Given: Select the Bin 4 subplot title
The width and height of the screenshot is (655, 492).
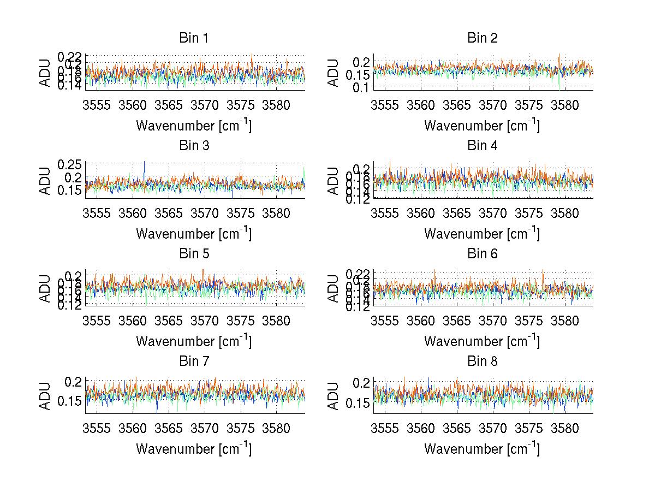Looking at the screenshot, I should [x=482, y=146].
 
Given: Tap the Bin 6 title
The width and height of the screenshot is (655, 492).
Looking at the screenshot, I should [x=482, y=253].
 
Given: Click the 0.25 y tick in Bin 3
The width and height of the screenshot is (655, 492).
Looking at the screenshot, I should [x=70, y=164].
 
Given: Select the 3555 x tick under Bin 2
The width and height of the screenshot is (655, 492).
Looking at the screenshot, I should [x=384, y=105].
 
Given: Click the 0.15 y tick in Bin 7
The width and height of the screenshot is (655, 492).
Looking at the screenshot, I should [x=70, y=401].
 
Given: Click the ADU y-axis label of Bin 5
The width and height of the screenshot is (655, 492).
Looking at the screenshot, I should [x=45, y=288].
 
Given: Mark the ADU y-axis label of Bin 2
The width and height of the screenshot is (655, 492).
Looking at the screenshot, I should [x=334, y=73].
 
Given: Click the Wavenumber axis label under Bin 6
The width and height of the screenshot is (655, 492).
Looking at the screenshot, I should [x=482, y=341].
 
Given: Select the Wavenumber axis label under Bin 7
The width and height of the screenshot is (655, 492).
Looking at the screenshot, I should [x=193, y=449].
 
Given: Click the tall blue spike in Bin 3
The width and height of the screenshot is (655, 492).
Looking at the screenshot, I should [x=145, y=164].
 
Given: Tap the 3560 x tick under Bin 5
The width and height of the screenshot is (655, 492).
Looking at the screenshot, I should [x=133, y=321].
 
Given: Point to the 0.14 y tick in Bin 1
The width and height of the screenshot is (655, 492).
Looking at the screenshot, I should [x=70, y=86].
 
